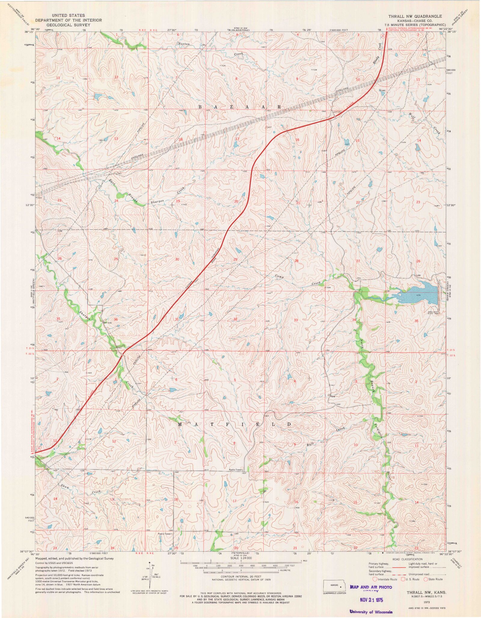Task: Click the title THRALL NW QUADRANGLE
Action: coord(415,16)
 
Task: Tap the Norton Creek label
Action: coord(184,44)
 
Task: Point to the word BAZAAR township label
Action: coord(240,107)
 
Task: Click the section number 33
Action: coord(296,320)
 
